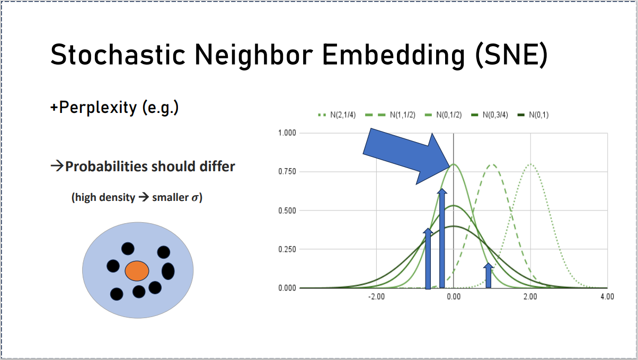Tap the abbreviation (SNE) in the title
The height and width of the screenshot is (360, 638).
pyautogui.click(x=511, y=55)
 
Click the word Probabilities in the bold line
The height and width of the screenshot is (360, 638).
pyautogui.click(x=106, y=166)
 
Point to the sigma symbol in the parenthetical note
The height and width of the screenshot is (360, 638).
pyautogui.click(x=195, y=198)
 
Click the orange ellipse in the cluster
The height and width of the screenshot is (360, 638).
pyautogui.click(x=137, y=271)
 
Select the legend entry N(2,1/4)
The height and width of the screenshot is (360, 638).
pyautogui.click(x=336, y=115)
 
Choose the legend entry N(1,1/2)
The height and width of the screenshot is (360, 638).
pyautogui.click(x=390, y=115)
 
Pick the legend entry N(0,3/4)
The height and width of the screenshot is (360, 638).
pyautogui.click(x=490, y=115)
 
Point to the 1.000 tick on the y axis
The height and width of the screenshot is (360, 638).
pyautogui.click(x=287, y=133)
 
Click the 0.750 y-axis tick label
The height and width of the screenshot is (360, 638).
pyautogui.click(x=287, y=172)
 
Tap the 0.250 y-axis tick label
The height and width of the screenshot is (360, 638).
pyautogui.click(x=287, y=249)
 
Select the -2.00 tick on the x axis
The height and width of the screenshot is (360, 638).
pyautogui.click(x=376, y=297)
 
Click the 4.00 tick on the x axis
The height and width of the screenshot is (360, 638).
pyautogui.click(x=607, y=297)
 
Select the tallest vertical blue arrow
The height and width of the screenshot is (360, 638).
pyautogui.click(x=442, y=238)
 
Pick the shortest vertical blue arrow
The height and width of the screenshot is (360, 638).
pyautogui.click(x=488, y=275)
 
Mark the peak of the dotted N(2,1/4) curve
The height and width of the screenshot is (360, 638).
pyautogui.click(x=530, y=164)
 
